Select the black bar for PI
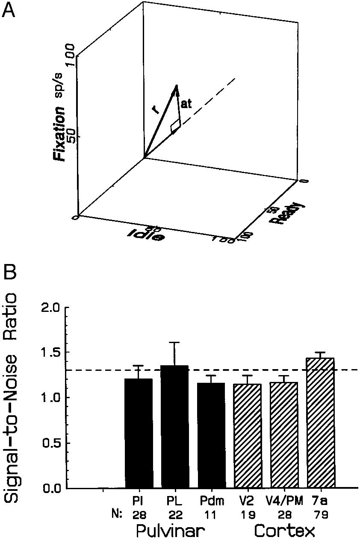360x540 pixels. coord(139,434)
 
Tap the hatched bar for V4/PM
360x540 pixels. coord(284,435)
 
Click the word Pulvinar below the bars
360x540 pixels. coord(169,531)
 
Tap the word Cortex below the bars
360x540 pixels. coord(284,531)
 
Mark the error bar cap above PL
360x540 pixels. coord(175,342)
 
